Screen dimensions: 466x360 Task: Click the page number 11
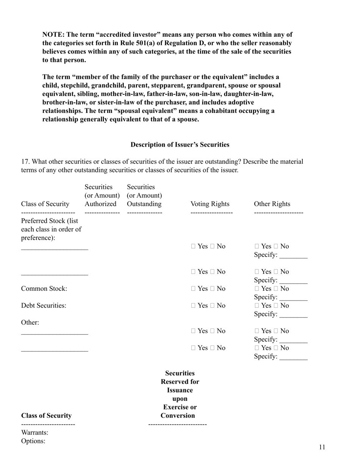click(322, 447)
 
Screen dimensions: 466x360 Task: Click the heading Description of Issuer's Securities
click(180, 144)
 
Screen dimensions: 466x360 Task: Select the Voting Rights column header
click(210, 204)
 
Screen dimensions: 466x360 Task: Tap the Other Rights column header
click(272, 204)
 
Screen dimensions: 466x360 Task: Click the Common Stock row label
click(44, 289)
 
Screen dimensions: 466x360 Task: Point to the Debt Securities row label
click(44, 305)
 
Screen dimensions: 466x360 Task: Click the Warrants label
click(34, 432)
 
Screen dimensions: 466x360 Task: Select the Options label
click(33, 441)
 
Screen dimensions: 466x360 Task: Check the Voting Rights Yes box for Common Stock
click(194, 289)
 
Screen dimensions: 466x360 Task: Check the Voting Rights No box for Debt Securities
click(213, 306)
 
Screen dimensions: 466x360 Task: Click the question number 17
click(25, 161)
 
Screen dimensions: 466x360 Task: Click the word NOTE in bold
click(53, 34)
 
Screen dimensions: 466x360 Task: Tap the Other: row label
click(30, 322)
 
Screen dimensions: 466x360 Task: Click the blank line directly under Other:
click(55, 333)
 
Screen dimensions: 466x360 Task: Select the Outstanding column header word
click(144, 204)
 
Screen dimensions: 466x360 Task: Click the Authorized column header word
click(100, 204)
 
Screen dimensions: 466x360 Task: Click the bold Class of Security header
click(46, 416)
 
